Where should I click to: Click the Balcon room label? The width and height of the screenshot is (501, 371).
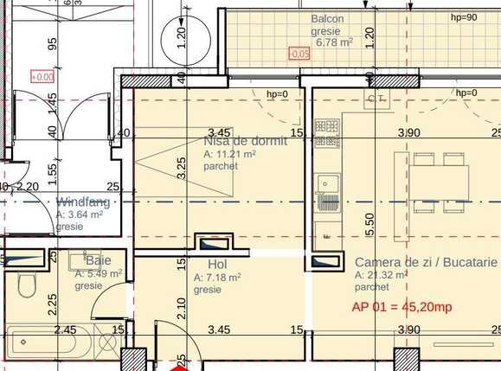point(328,19)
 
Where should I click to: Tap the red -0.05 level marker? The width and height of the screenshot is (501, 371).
point(299,54)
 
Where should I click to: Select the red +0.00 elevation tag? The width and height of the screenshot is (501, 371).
point(42,77)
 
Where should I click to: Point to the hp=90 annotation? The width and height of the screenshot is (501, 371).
point(464,17)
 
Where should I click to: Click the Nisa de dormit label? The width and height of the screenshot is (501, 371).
point(245,141)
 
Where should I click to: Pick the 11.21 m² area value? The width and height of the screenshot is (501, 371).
point(229,155)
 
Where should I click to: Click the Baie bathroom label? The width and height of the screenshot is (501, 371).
point(98,259)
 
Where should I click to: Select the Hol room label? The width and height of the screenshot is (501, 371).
point(218,265)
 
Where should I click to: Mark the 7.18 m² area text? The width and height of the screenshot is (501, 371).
point(217,278)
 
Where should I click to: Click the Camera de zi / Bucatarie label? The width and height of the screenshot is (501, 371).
point(427,262)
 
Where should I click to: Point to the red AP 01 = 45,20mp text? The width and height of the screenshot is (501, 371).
point(401,306)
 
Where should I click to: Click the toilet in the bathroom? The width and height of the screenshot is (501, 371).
point(26,283)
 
